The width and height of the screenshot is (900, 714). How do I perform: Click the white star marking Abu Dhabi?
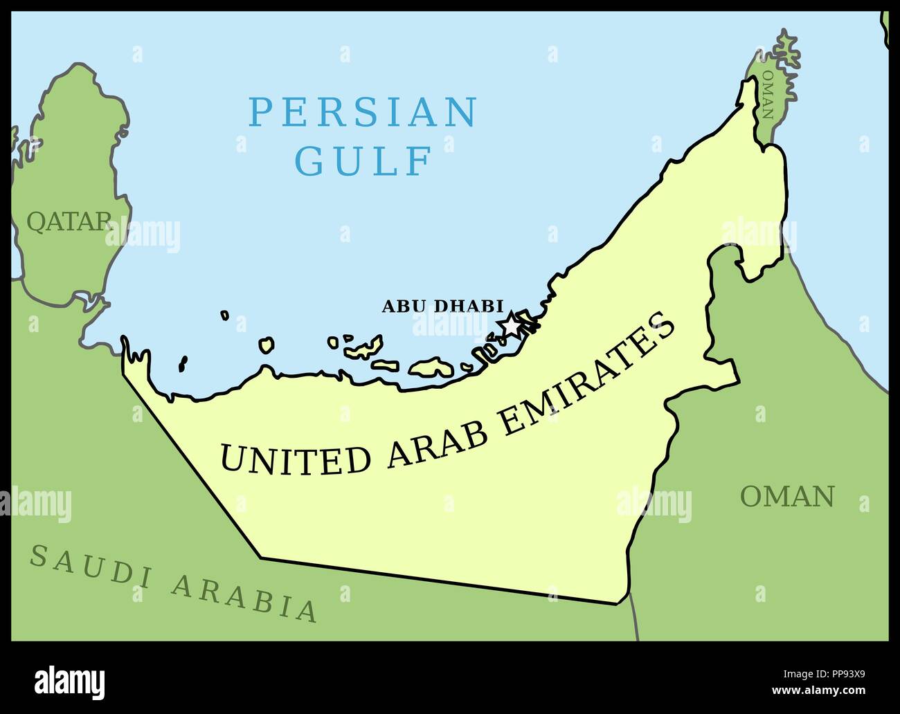pos(510,323)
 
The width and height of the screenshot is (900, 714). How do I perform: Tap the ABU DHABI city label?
pos(442,306)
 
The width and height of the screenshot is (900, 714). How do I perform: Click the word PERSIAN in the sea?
pos(363,112)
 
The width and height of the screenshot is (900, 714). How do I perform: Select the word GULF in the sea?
pos(363,161)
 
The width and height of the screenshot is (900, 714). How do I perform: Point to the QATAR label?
pos(68,221)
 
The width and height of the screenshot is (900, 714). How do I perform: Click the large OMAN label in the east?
pos(787,496)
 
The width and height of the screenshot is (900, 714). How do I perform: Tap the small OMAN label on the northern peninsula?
pos(767,93)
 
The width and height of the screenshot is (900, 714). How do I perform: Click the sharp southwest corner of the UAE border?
pos(260,556)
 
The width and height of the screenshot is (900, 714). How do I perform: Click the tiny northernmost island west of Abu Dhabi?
pos(225,315)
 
